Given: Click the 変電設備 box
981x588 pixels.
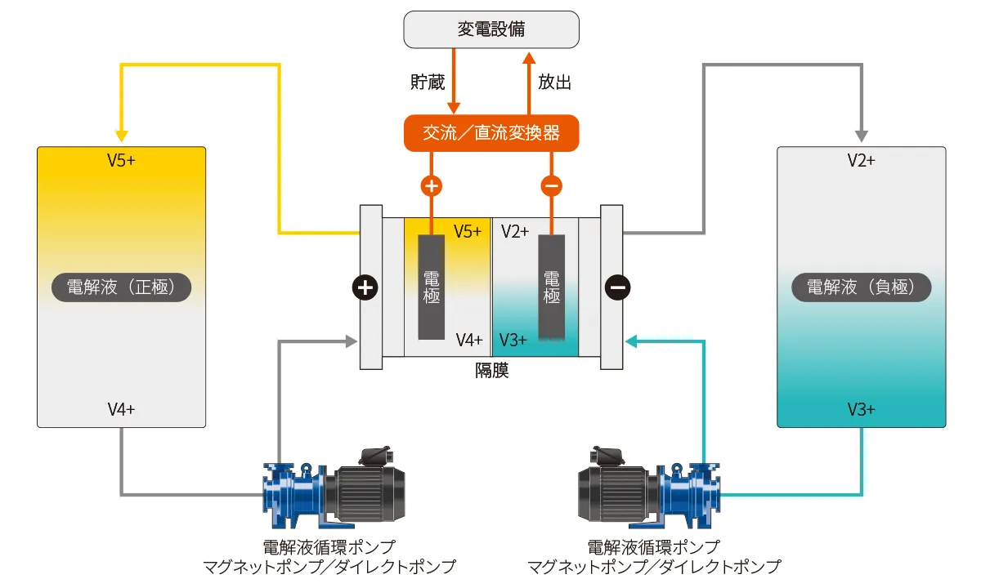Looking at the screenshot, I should (x=491, y=30).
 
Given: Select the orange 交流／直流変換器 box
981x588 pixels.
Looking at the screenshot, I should (x=491, y=133).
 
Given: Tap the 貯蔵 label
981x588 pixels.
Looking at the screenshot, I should (x=426, y=82).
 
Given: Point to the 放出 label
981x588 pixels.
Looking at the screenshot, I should (x=554, y=82).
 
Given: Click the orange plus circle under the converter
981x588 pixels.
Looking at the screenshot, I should (x=431, y=185).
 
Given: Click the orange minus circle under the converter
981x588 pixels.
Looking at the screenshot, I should (x=551, y=185).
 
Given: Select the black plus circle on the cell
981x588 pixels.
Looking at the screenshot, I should (x=365, y=287).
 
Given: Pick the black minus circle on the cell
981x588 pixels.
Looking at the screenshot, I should (x=617, y=287).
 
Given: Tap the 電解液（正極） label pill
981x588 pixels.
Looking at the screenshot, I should (x=121, y=287).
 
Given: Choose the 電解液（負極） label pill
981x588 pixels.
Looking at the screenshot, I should (x=862, y=287).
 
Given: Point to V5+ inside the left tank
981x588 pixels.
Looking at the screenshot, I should (x=121, y=161).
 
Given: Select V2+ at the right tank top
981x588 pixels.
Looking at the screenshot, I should (x=862, y=161).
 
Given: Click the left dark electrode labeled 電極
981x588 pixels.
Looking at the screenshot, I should (x=431, y=287).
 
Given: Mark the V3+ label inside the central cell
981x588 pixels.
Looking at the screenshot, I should (x=514, y=340).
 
